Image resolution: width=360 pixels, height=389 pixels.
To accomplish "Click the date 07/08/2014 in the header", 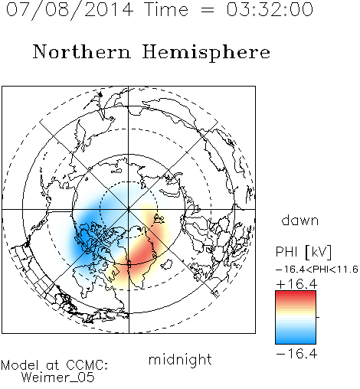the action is (70, 9).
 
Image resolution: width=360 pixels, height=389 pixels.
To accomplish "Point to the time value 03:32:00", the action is (270, 9).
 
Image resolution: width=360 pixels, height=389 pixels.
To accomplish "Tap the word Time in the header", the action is (166, 9).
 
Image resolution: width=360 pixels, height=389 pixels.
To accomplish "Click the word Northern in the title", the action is (82, 52).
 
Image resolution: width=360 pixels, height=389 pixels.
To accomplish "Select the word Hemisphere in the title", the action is (206, 53).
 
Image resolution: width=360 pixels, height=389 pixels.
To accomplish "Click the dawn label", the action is (300, 220).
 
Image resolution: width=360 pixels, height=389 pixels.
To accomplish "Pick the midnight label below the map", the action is (180, 360).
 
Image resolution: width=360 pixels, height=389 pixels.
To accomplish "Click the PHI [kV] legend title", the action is (303, 252).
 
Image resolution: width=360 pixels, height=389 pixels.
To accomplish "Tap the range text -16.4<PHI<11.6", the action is (317, 270).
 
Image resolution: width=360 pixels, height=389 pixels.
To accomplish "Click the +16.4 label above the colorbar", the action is (296, 284).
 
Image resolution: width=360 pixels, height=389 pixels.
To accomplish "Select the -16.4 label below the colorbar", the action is (296, 354).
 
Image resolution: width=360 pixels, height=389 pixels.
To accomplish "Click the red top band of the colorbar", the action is (296, 294).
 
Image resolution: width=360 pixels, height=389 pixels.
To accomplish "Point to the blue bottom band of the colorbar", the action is (296, 340).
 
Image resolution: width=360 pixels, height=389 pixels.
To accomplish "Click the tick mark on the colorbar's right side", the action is (318, 317).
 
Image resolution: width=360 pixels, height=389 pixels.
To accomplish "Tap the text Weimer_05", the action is (58, 378).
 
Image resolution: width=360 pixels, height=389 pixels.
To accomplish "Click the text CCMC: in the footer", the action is (87, 365).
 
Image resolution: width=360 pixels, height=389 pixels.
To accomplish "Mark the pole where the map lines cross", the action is (129, 210).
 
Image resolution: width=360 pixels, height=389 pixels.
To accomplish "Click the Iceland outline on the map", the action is (166, 264).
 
